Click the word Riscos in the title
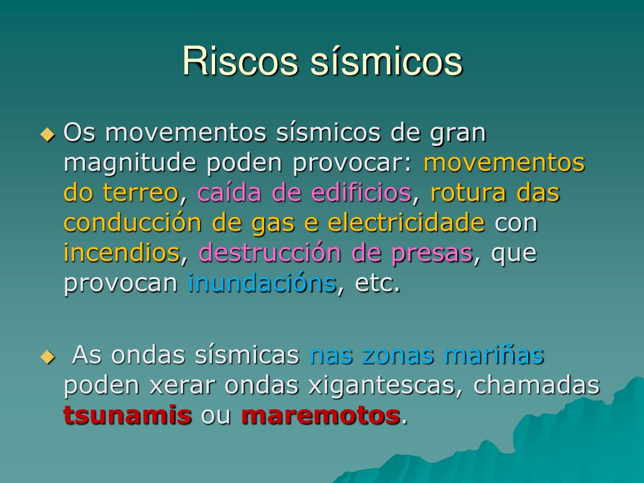point(240,61)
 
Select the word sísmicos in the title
point(387,61)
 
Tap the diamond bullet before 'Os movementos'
point(48,135)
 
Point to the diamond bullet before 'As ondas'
point(48,357)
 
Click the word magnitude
point(130,164)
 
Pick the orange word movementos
point(504,163)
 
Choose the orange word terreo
point(140,192)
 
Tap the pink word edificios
point(361,192)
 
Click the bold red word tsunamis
point(128,415)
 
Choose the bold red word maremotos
point(321,415)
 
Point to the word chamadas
point(536,385)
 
